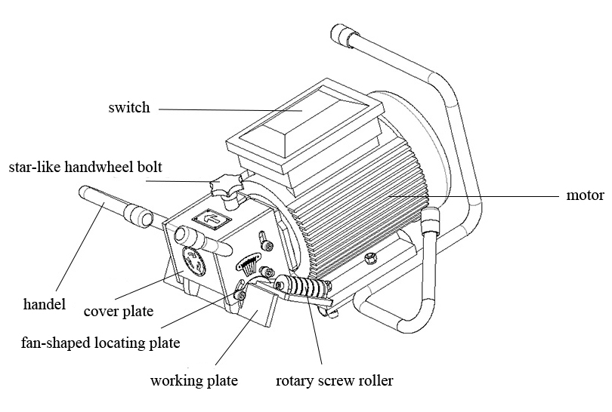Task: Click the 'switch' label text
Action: pos(128,107)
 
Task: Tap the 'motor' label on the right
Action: pos(585,195)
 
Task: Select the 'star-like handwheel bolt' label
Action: pos(85,166)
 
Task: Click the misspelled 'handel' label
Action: pos(45,305)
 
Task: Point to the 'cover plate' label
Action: pos(118,311)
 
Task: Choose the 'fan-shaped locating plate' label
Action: pos(100,343)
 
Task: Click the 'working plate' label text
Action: pos(193,380)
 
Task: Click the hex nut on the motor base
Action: pos(369,259)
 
